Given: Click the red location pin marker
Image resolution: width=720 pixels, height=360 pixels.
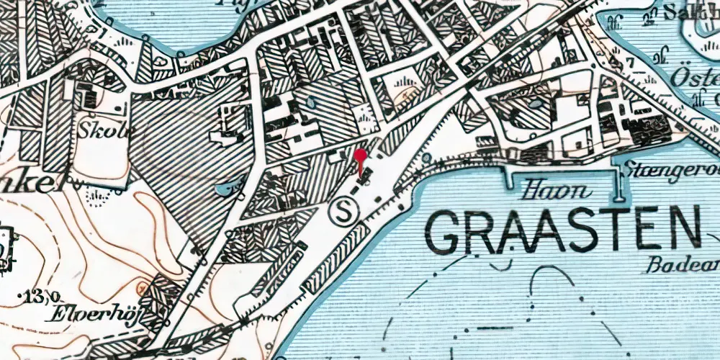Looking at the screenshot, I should click(x=361, y=156).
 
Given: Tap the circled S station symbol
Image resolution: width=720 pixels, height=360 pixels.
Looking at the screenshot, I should click(x=343, y=211).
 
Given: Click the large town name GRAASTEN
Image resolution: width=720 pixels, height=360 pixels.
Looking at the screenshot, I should click(x=562, y=230).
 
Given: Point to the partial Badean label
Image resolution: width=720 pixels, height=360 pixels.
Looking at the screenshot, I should click(x=680, y=264).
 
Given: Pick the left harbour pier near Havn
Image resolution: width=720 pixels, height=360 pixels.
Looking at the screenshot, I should click(x=513, y=176).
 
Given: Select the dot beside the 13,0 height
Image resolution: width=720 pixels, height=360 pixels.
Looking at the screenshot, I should click(x=19, y=295).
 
